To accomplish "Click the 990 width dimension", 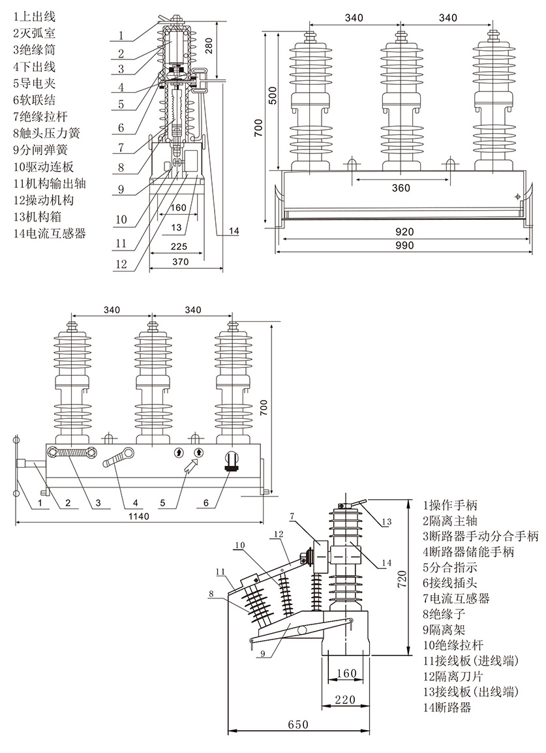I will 402,245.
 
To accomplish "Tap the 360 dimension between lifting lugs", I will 401,188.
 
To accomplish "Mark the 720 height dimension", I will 404,578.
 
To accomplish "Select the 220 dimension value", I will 346,699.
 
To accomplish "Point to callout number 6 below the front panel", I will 206,503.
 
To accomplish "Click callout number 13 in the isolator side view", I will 387,521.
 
